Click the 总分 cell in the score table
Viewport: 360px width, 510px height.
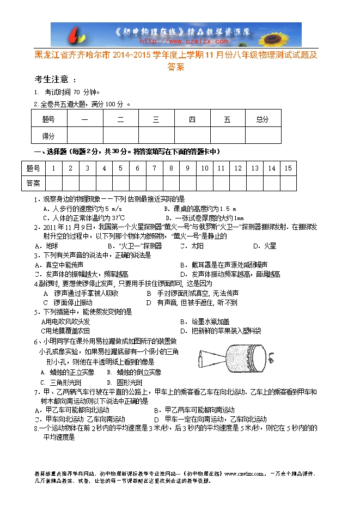[263, 119]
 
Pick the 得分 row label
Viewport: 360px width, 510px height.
[48, 136]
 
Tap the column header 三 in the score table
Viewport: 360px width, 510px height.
[156, 119]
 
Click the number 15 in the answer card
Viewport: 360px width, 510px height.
[288, 168]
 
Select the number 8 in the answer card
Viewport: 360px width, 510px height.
[171, 168]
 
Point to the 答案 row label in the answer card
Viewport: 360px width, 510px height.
[34, 183]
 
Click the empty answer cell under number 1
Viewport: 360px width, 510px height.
[53, 183]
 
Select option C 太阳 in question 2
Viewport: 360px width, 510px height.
[193, 246]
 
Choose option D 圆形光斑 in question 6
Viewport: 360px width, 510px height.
[122, 382]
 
